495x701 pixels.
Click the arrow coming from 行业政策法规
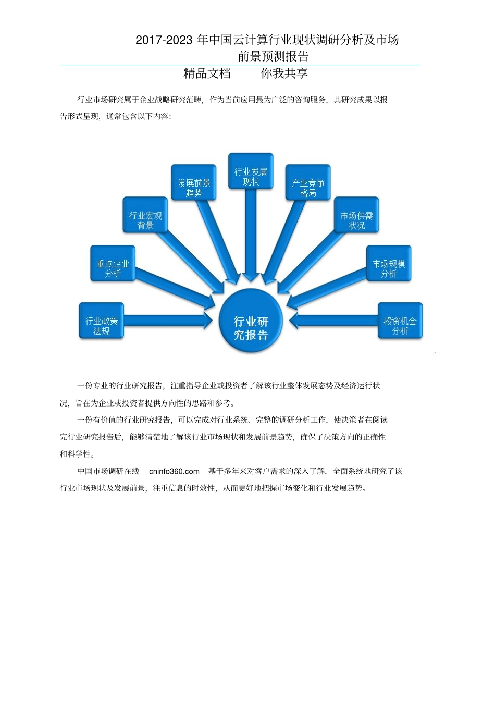tap(167, 321)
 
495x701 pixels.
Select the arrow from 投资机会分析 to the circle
tap(333, 321)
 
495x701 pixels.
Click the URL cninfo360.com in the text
tap(174, 471)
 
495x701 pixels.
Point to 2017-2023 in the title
tap(164, 40)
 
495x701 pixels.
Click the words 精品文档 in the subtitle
tap(207, 73)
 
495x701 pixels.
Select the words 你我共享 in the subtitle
tap(284, 73)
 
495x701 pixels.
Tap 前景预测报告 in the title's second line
tap(274, 56)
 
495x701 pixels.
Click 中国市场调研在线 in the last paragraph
tap(108, 471)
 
